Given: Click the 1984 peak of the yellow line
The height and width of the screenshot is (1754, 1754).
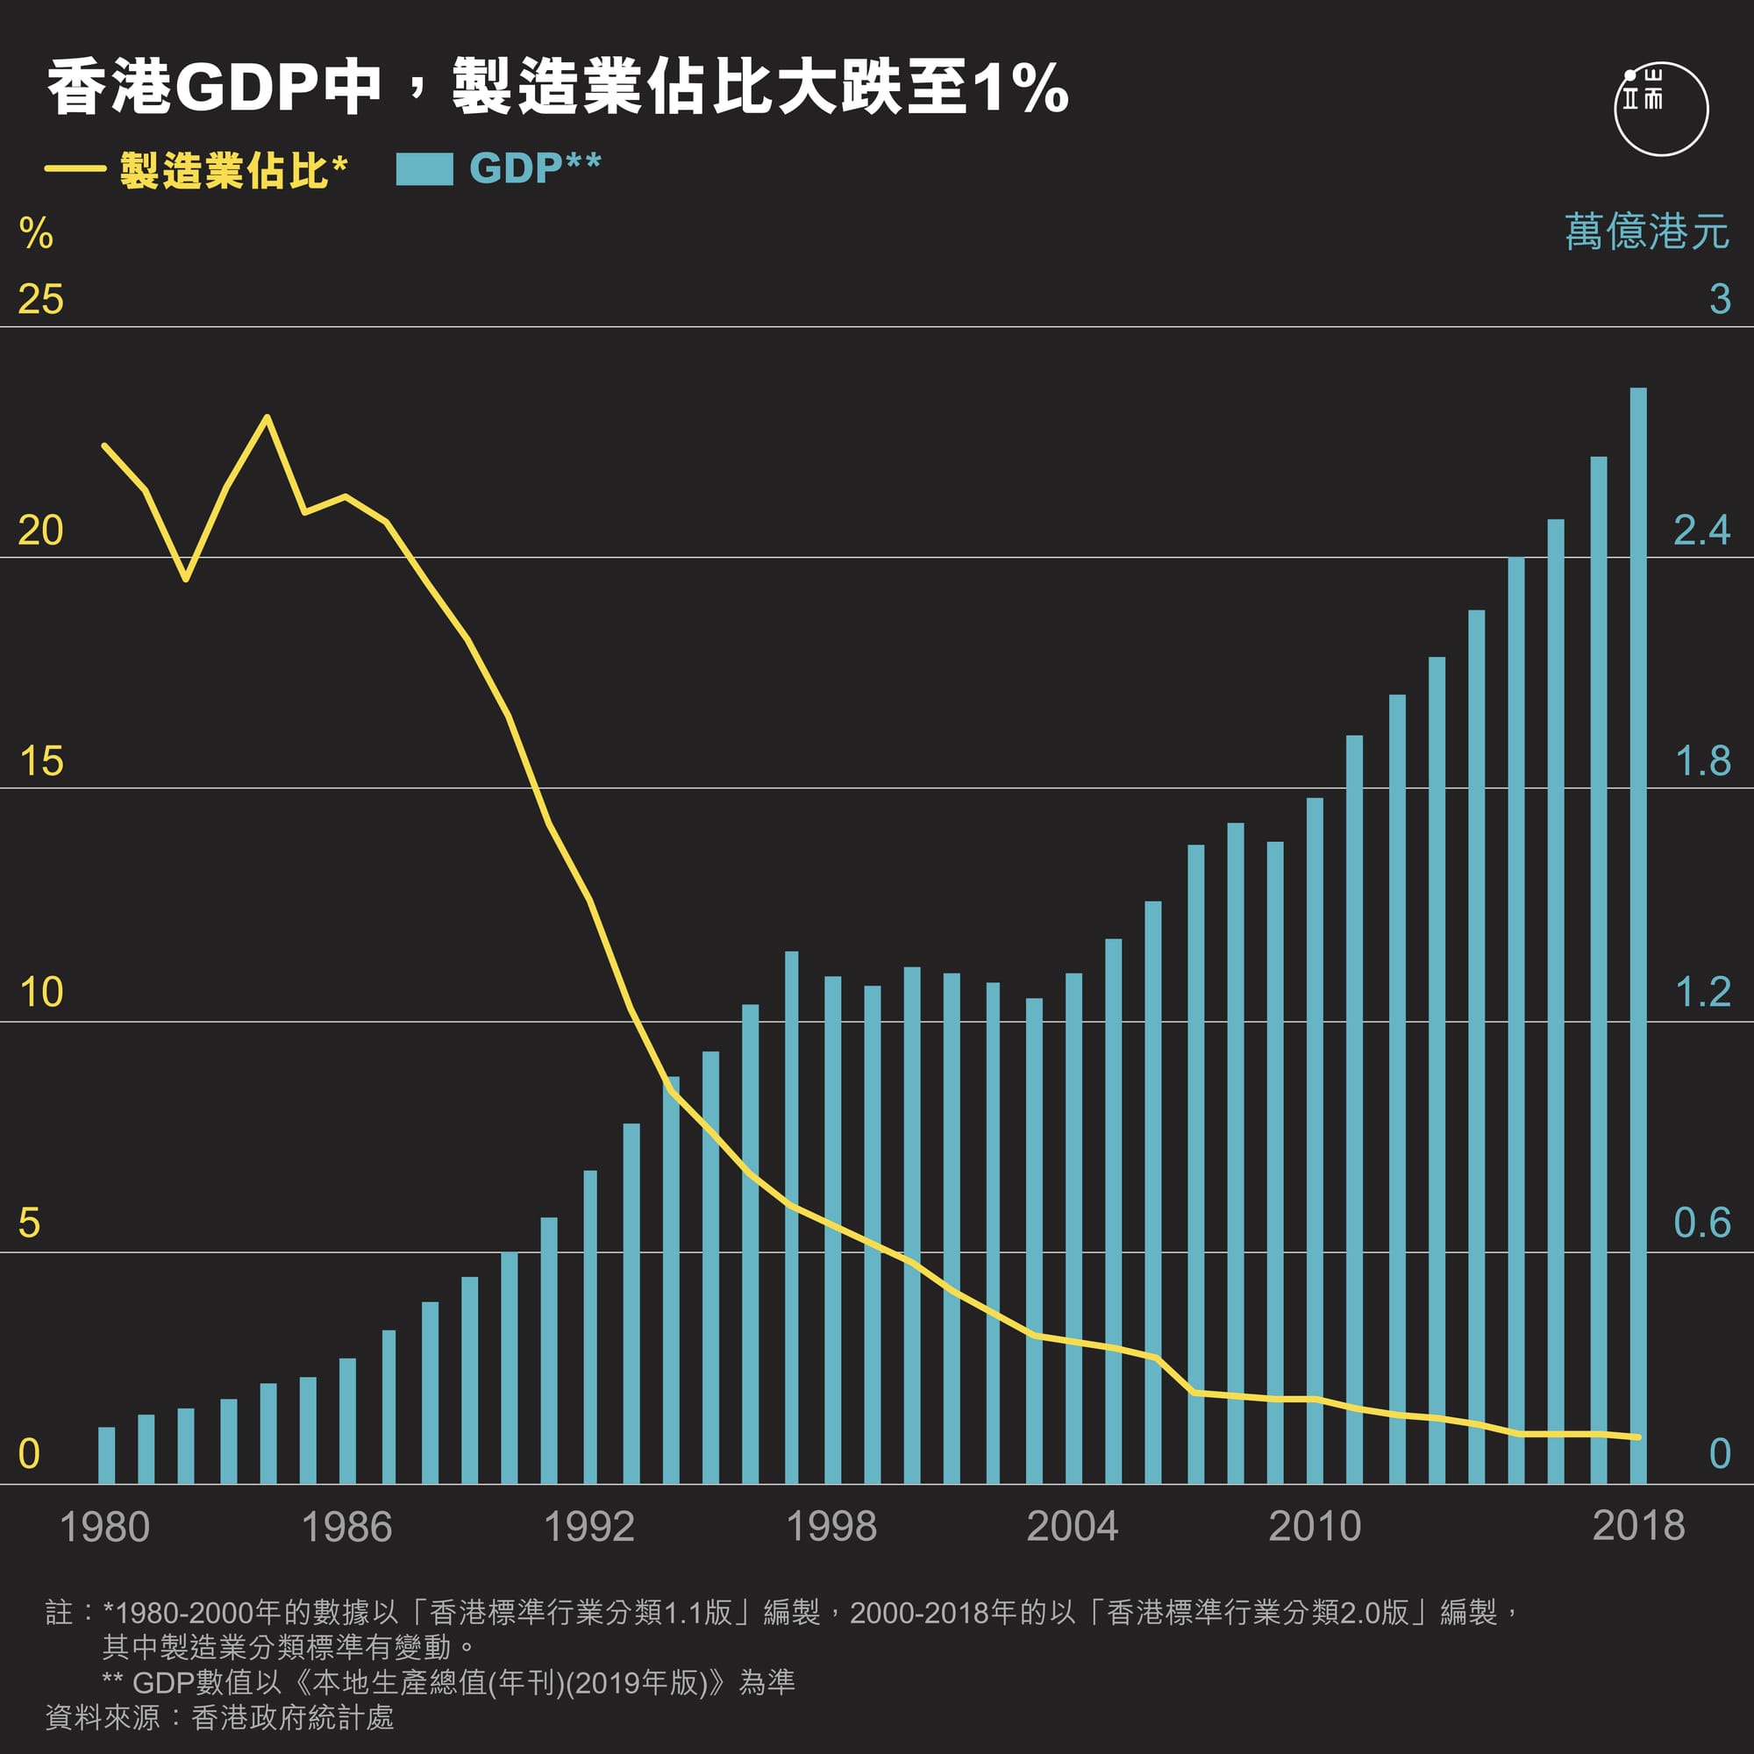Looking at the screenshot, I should point(267,417).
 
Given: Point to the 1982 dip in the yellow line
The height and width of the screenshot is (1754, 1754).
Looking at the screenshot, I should point(186,578).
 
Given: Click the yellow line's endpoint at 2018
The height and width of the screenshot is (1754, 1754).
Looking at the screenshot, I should point(1637,1437).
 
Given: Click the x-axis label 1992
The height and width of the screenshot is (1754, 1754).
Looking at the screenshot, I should point(588,1527).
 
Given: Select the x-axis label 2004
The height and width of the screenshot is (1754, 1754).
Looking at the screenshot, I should point(1073,1527).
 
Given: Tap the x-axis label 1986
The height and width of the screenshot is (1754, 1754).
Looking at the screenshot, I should point(346,1527).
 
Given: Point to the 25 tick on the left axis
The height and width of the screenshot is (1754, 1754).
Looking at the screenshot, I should point(41,300).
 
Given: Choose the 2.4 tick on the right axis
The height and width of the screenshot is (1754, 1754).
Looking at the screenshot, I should point(1701,531).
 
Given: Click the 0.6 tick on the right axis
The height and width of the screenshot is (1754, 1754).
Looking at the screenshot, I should point(1701,1223).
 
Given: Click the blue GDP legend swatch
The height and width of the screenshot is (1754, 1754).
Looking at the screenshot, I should point(424,169).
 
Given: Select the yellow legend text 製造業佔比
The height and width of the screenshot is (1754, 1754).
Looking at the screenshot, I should point(224,170).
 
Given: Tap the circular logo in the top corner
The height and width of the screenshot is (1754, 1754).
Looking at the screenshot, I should point(1660,109).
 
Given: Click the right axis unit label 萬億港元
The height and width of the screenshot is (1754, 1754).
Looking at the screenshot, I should point(1646,232).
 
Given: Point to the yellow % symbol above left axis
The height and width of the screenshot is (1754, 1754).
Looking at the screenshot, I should point(35,233).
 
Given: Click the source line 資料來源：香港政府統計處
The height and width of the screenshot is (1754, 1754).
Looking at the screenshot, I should point(220,1717).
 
